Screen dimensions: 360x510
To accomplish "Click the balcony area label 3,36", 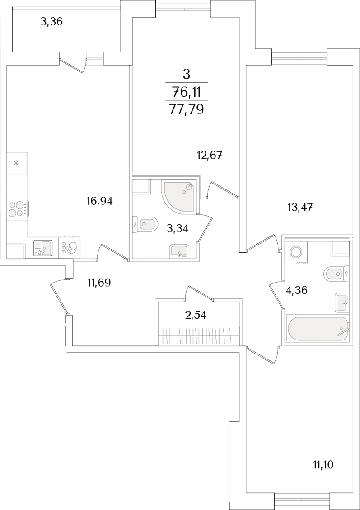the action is click(x=51, y=23).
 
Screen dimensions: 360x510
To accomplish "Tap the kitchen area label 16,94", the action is click(x=99, y=202).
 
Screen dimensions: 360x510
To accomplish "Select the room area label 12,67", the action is click(x=210, y=155).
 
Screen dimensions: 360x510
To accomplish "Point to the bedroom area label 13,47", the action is click(x=300, y=207).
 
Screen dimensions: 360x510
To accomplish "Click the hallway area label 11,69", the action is click(x=99, y=283).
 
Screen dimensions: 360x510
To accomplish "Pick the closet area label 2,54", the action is click(x=195, y=315).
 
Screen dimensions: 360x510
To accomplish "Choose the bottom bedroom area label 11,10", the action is click(x=323, y=465).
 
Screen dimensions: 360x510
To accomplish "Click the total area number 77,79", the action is click(x=187, y=109).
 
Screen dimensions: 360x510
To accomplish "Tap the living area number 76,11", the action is click(x=187, y=93).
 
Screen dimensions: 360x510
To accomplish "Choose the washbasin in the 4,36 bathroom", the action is click(x=342, y=302).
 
